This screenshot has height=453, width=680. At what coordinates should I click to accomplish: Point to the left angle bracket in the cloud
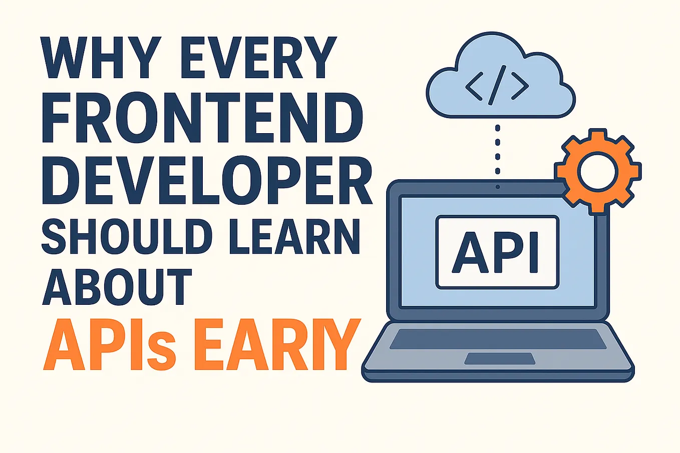(x=474, y=87)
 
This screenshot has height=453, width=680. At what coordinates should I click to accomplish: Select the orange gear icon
(x=598, y=171)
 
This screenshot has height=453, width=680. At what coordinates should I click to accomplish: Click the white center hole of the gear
(x=597, y=171)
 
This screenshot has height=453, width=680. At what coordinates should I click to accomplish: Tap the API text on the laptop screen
(x=497, y=252)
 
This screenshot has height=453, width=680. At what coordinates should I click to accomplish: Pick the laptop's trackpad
(x=499, y=358)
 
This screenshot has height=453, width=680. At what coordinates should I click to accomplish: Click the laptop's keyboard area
(x=498, y=339)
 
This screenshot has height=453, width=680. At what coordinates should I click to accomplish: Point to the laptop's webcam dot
(x=497, y=187)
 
